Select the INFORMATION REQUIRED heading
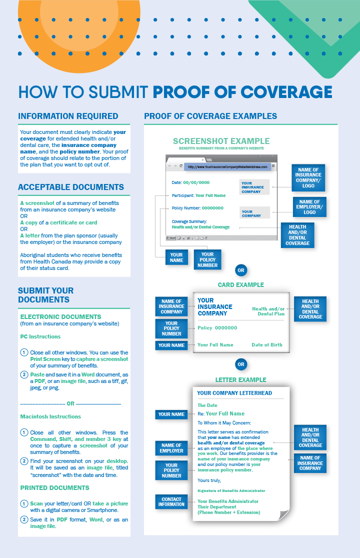68,116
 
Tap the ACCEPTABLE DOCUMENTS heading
71,187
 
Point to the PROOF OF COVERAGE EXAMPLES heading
210,116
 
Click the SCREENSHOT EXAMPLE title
221,141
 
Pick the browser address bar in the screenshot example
227,166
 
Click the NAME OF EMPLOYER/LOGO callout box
309,206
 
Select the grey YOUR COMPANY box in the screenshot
254,213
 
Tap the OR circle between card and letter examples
241,364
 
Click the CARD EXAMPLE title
241,285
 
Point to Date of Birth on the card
266,345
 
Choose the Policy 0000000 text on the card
217,328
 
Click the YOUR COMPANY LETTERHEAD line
234,393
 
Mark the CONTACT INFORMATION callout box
171,501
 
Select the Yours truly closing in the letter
209,480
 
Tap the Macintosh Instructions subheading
50,416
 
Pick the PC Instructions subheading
40,336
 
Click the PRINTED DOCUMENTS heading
55,487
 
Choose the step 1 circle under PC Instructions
24,352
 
